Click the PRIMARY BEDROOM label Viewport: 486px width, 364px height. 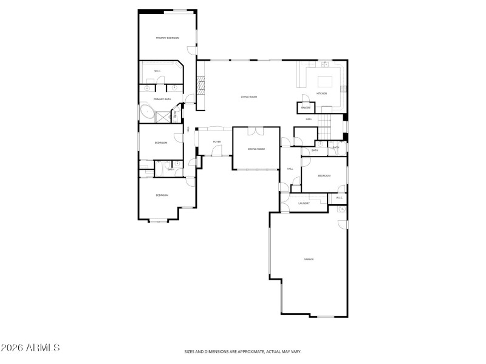(x=168, y=38)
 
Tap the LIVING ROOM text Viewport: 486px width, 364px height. (x=249, y=96)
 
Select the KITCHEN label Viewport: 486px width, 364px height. (x=322, y=93)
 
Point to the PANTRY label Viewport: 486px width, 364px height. (x=306, y=108)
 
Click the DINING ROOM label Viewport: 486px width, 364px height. (x=256, y=149)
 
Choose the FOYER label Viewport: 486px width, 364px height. (x=217, y=142)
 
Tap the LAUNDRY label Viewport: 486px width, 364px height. (x=304, y=203)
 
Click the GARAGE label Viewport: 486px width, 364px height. (x=309, y=259)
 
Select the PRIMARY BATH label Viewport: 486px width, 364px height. (x=162, y=99)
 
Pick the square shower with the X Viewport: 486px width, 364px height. (x=163, y=117)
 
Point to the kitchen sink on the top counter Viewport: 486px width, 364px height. (x=325, y=64)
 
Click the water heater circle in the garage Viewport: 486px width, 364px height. (x=341, y=209)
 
